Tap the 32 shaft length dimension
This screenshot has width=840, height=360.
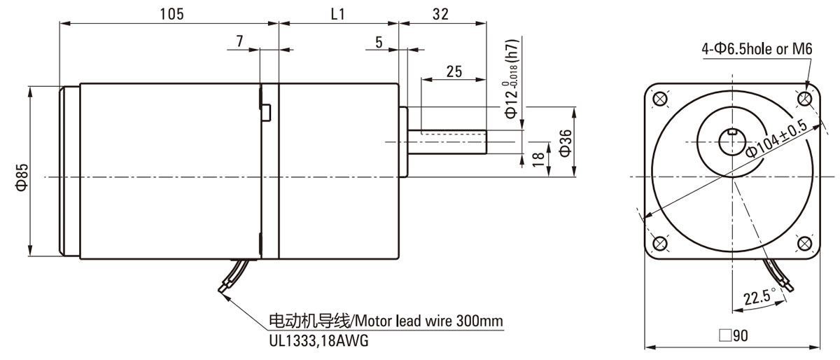coord(441,14)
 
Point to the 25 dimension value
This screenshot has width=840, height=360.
coord(453,71)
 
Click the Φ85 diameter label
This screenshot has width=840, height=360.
coord(22,176)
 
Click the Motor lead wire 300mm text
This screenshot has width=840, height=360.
coord(386,321)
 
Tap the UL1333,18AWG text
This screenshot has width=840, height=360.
coord(318,341)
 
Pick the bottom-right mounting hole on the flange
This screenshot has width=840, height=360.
coord(805,243)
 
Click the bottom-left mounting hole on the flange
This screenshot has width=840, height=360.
coord(658,243)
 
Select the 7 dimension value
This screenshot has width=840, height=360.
coord(240,41)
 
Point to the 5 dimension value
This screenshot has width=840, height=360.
coord(379,41)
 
